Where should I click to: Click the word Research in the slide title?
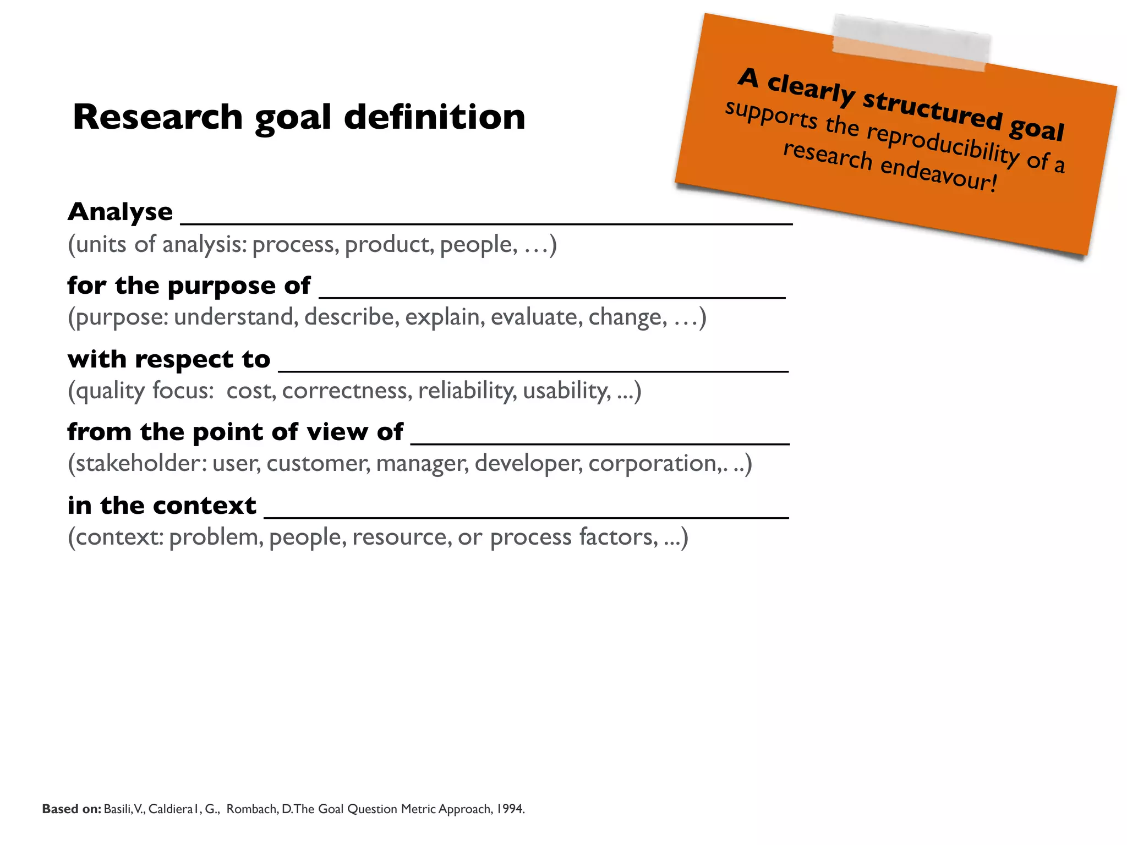157,117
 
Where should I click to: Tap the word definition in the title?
434,117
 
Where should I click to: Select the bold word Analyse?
120,212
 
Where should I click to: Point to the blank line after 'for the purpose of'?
552,297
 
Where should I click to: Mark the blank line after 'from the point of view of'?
600,443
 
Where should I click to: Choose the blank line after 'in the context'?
527,517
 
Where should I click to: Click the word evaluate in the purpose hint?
537,317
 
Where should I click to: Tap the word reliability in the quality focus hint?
467,391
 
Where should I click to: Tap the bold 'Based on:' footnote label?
72,809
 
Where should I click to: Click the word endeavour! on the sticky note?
938,174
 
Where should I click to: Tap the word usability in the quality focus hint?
566,391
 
